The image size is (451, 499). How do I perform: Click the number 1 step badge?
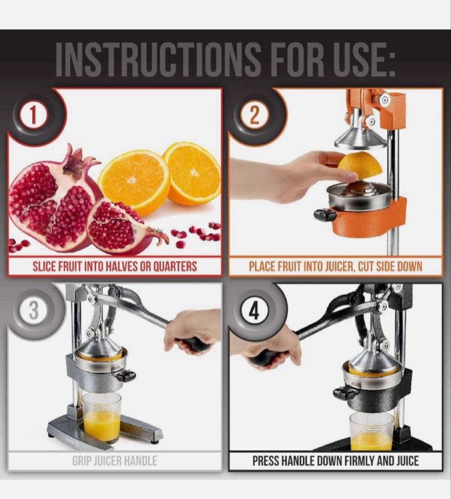[x=33, y=116]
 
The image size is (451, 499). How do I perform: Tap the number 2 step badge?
[x=254, y=116]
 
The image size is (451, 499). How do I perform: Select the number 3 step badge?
[x=33, y=310]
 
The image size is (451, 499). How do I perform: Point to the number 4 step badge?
[x=254, y=310]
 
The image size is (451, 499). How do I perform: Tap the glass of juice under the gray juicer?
[x=102, y=417]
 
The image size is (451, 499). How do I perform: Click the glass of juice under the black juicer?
[x=371, y=431]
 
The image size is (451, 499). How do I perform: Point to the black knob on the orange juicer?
[x=325, y=214]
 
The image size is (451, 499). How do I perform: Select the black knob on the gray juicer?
[x=126, y=376]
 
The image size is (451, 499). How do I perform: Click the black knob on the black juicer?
[x=344, y=393]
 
